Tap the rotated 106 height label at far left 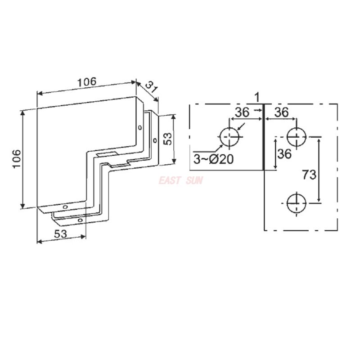point(16,159)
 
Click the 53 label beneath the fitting point(61,234)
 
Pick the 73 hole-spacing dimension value point(309,175)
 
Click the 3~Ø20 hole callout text point(214,159)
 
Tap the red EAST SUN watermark point(180,181)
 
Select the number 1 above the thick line point(256,96)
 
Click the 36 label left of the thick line point(242,112)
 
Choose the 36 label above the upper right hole point(282,112)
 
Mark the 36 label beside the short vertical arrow point(284,154)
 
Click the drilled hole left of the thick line point(229,136)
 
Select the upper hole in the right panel point(297,136)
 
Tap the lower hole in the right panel point(297,203)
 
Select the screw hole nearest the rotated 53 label point(155,141)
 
